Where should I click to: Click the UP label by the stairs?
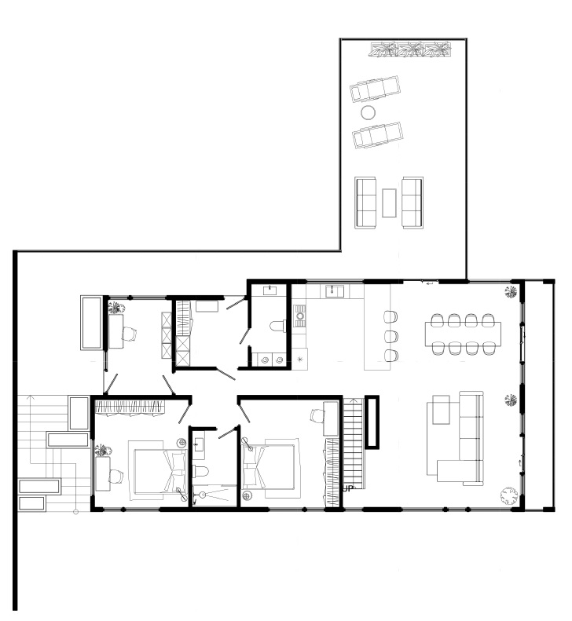pyautogui.click(x=347, y=489)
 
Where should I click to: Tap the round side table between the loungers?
pyautogui.click(x=368, y=113)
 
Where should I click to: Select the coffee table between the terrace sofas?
pyautogui.click(x=389, y=203)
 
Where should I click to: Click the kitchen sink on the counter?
pyautogui.click(x=335, y=291)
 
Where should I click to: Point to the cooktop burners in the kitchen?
pyautogui.click(x=300, y=316)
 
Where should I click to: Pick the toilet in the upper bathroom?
pyautogui.click(x=277, y=326)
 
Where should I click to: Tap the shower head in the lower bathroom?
pyautogui.click(x=203, y=495)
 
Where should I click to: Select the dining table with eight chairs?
pyautogui.click(x=463, y=334)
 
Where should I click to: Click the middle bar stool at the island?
pyautogui.click(x=390, y=336)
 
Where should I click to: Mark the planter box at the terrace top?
pyautogui.click(x=411, y=49)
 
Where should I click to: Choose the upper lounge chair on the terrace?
pyautogui.click(x=375, y=89)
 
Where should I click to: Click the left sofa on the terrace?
pyautogui.click(x=365, y=203)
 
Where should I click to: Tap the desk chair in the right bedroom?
pyautogui.click(x=318, y=415)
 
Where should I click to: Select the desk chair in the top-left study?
pyautogui.click(x=129, y=334)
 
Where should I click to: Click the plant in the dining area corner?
pyautogui.click(x=511, y=292)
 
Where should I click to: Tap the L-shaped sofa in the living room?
pyautogui.click(x=460, y=439)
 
